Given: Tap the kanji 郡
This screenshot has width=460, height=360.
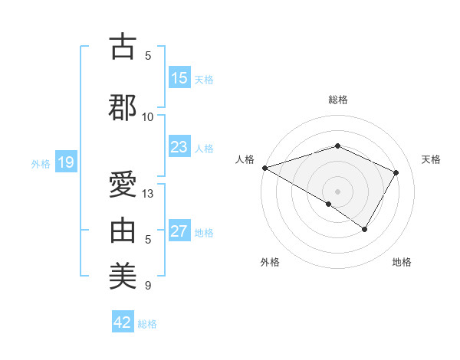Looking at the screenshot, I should (x=123, y=107).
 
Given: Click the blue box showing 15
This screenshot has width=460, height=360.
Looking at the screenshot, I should (x=179, y=78).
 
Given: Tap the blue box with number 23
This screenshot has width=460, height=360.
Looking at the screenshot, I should (x=179, y=147).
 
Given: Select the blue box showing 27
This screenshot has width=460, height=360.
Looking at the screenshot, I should (x=179, y=231).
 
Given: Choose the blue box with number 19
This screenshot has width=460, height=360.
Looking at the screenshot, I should (x=65, y=162).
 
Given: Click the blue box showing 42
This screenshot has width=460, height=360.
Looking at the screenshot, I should (x=123, y=322).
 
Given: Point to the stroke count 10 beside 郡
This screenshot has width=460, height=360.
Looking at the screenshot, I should (x=148, y=116).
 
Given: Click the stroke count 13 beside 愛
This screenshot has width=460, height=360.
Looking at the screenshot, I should (x=148, y=194).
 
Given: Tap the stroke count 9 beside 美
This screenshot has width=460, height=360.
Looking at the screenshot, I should (x=148, y=286).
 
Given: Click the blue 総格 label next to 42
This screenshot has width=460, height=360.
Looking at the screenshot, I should (x=148, y=324).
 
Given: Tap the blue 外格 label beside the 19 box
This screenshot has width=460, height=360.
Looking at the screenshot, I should (x=41, y=163).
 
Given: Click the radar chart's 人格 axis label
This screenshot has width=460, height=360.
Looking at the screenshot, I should (x=245, y=159).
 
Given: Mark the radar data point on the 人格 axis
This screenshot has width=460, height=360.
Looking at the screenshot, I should (x=264, y=168).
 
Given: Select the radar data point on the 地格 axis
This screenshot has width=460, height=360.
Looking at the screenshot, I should (x=365, y=229).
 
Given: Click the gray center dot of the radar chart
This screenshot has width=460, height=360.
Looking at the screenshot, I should (x=337, y=191).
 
